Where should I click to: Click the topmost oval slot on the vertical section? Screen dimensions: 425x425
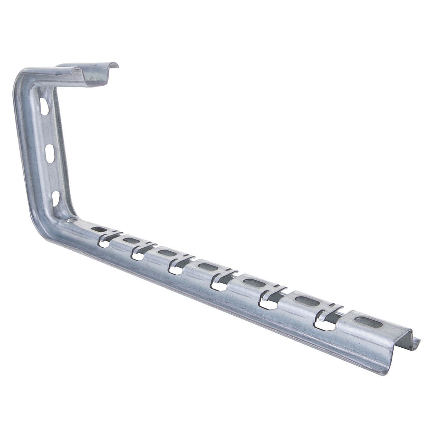pos(44,107)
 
